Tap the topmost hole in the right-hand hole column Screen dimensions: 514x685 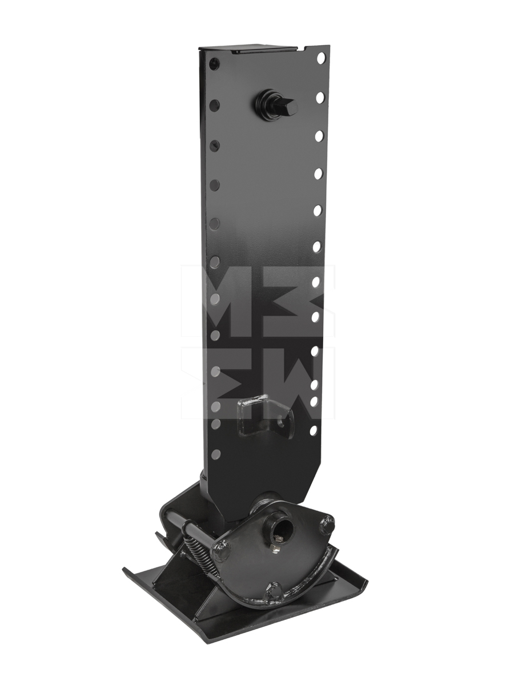[x=321, y=58]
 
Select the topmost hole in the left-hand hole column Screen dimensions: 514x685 [x=213, y=64]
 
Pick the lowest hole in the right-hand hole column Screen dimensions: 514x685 [x=313, y=430]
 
